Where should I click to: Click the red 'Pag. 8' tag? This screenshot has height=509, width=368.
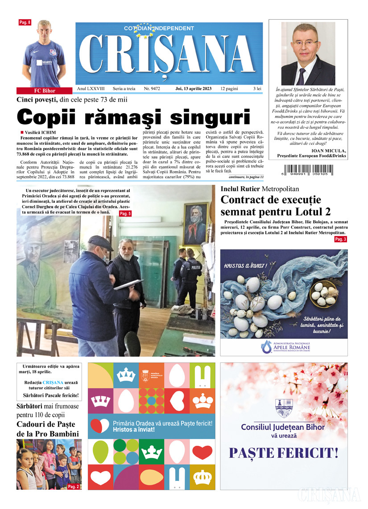25,22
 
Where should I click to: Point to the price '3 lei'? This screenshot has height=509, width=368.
257,89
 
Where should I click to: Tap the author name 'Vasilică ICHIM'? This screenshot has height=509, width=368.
41,133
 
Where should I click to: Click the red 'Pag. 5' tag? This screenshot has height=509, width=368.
125,214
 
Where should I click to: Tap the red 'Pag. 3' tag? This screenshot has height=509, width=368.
340,239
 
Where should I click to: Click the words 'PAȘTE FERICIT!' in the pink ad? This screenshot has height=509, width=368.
283,453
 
